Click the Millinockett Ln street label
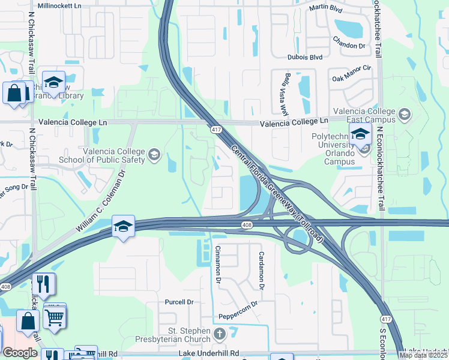coord(59,5)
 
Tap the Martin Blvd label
coord(325,8)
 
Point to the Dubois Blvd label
coord(306,57)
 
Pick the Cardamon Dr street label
coord(262,269)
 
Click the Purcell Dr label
coord(180,302)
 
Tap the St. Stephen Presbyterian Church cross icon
coord(219,334)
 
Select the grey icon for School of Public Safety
coord(154,156)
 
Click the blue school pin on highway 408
coord(123,226)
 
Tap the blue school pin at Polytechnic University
coord(360,135)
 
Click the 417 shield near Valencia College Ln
coord(214,130)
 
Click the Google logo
coord(20,353)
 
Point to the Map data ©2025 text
coord(423,355)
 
